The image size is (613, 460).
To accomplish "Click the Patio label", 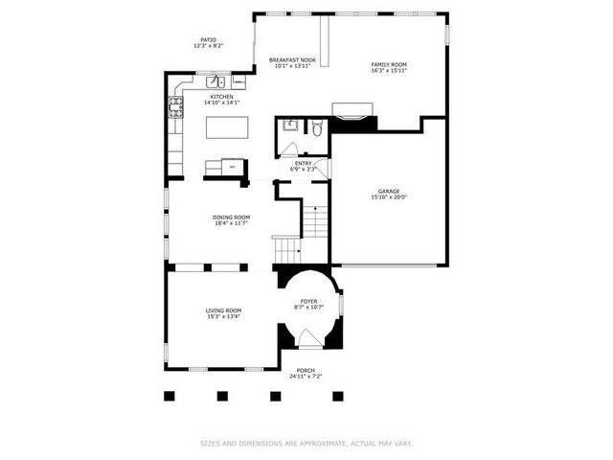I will [208, 40].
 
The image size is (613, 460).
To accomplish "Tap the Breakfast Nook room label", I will [292, 59].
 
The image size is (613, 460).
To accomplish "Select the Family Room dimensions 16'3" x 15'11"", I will [389, 71].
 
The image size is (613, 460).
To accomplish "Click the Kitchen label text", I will [221, 97].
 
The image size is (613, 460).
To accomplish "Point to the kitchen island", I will [228, 126].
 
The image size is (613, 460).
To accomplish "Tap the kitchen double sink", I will [213, 80].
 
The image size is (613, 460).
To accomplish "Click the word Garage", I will [388, 191].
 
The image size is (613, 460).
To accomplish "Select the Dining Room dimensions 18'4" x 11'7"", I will [231, 223].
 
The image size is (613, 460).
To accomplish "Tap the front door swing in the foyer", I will [308, 339].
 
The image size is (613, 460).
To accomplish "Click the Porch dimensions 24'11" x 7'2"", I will [306, 377].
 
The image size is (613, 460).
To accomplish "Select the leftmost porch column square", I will [170, 394].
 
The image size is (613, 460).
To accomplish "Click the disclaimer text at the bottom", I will [306, 443].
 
